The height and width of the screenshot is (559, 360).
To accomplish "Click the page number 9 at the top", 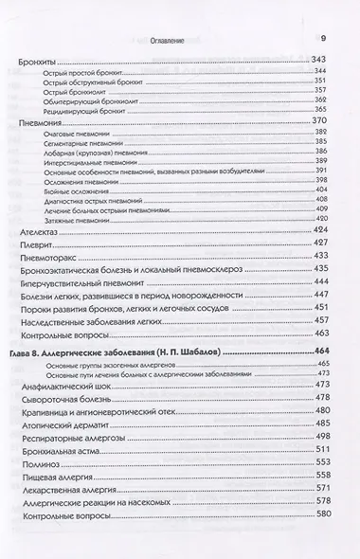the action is pos(323,37).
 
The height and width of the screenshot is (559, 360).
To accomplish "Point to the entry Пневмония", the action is pos(42,123).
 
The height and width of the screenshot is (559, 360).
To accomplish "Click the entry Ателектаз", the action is pos(42,231).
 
